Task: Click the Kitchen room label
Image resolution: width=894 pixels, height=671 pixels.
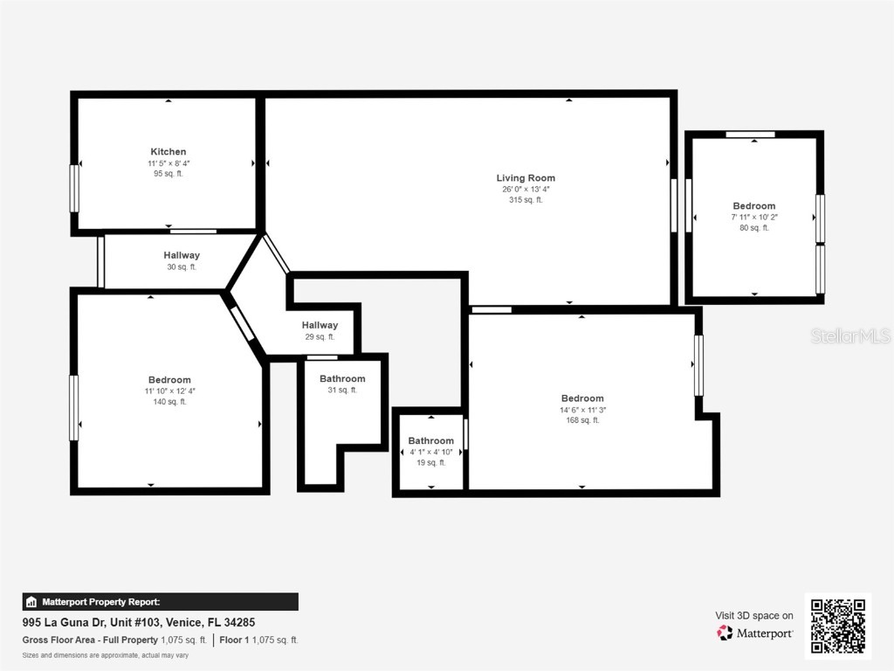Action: (x=168, y=152)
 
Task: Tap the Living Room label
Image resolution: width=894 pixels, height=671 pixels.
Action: (x=526, y=178)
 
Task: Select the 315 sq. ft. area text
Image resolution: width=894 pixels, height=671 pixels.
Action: (x=526, y=200)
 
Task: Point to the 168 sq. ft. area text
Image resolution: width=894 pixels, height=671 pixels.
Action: (x=582, y=420)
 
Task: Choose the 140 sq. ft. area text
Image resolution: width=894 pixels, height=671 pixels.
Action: (x=169, y=402)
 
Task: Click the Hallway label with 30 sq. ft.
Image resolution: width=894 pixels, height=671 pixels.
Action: (x=182, y=255)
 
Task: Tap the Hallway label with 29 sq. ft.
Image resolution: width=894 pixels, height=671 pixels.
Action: (x=320, y=325)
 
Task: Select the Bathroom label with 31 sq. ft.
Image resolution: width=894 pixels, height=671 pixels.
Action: (x=342, y=378)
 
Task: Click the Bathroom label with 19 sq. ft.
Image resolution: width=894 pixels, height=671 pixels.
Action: (x=430, y=440)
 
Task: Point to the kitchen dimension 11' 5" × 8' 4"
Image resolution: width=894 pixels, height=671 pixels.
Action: (x=168, y=163)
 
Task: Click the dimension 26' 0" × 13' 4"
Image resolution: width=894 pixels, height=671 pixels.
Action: (x=526, y=190)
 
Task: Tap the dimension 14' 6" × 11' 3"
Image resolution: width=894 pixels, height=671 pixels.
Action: (x=582, y=410)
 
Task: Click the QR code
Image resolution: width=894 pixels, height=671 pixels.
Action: (x=837, y=626)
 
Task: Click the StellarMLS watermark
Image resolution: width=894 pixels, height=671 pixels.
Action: (x=849, y=336)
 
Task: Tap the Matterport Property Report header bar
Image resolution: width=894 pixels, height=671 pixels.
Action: (x=161, y=601)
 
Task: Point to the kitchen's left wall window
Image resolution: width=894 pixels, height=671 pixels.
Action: (x=74, y=188)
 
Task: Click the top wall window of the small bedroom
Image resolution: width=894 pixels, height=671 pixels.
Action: (x=750, y=135)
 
